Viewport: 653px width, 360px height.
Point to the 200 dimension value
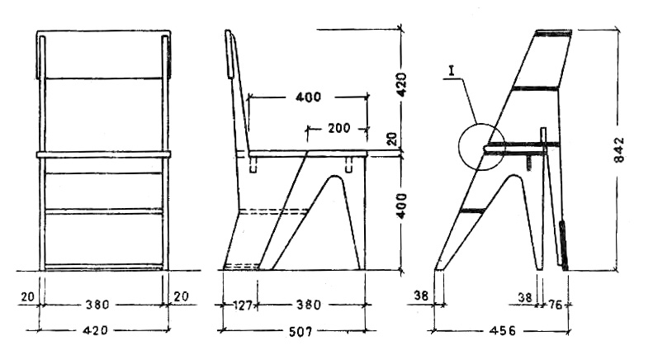[x=338, y=128]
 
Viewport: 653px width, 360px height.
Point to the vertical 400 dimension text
[x=402, y=212]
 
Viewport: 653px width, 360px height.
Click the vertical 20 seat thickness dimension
[x=394, y=138]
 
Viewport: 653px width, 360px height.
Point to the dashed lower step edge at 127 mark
[x=244, y=265]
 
